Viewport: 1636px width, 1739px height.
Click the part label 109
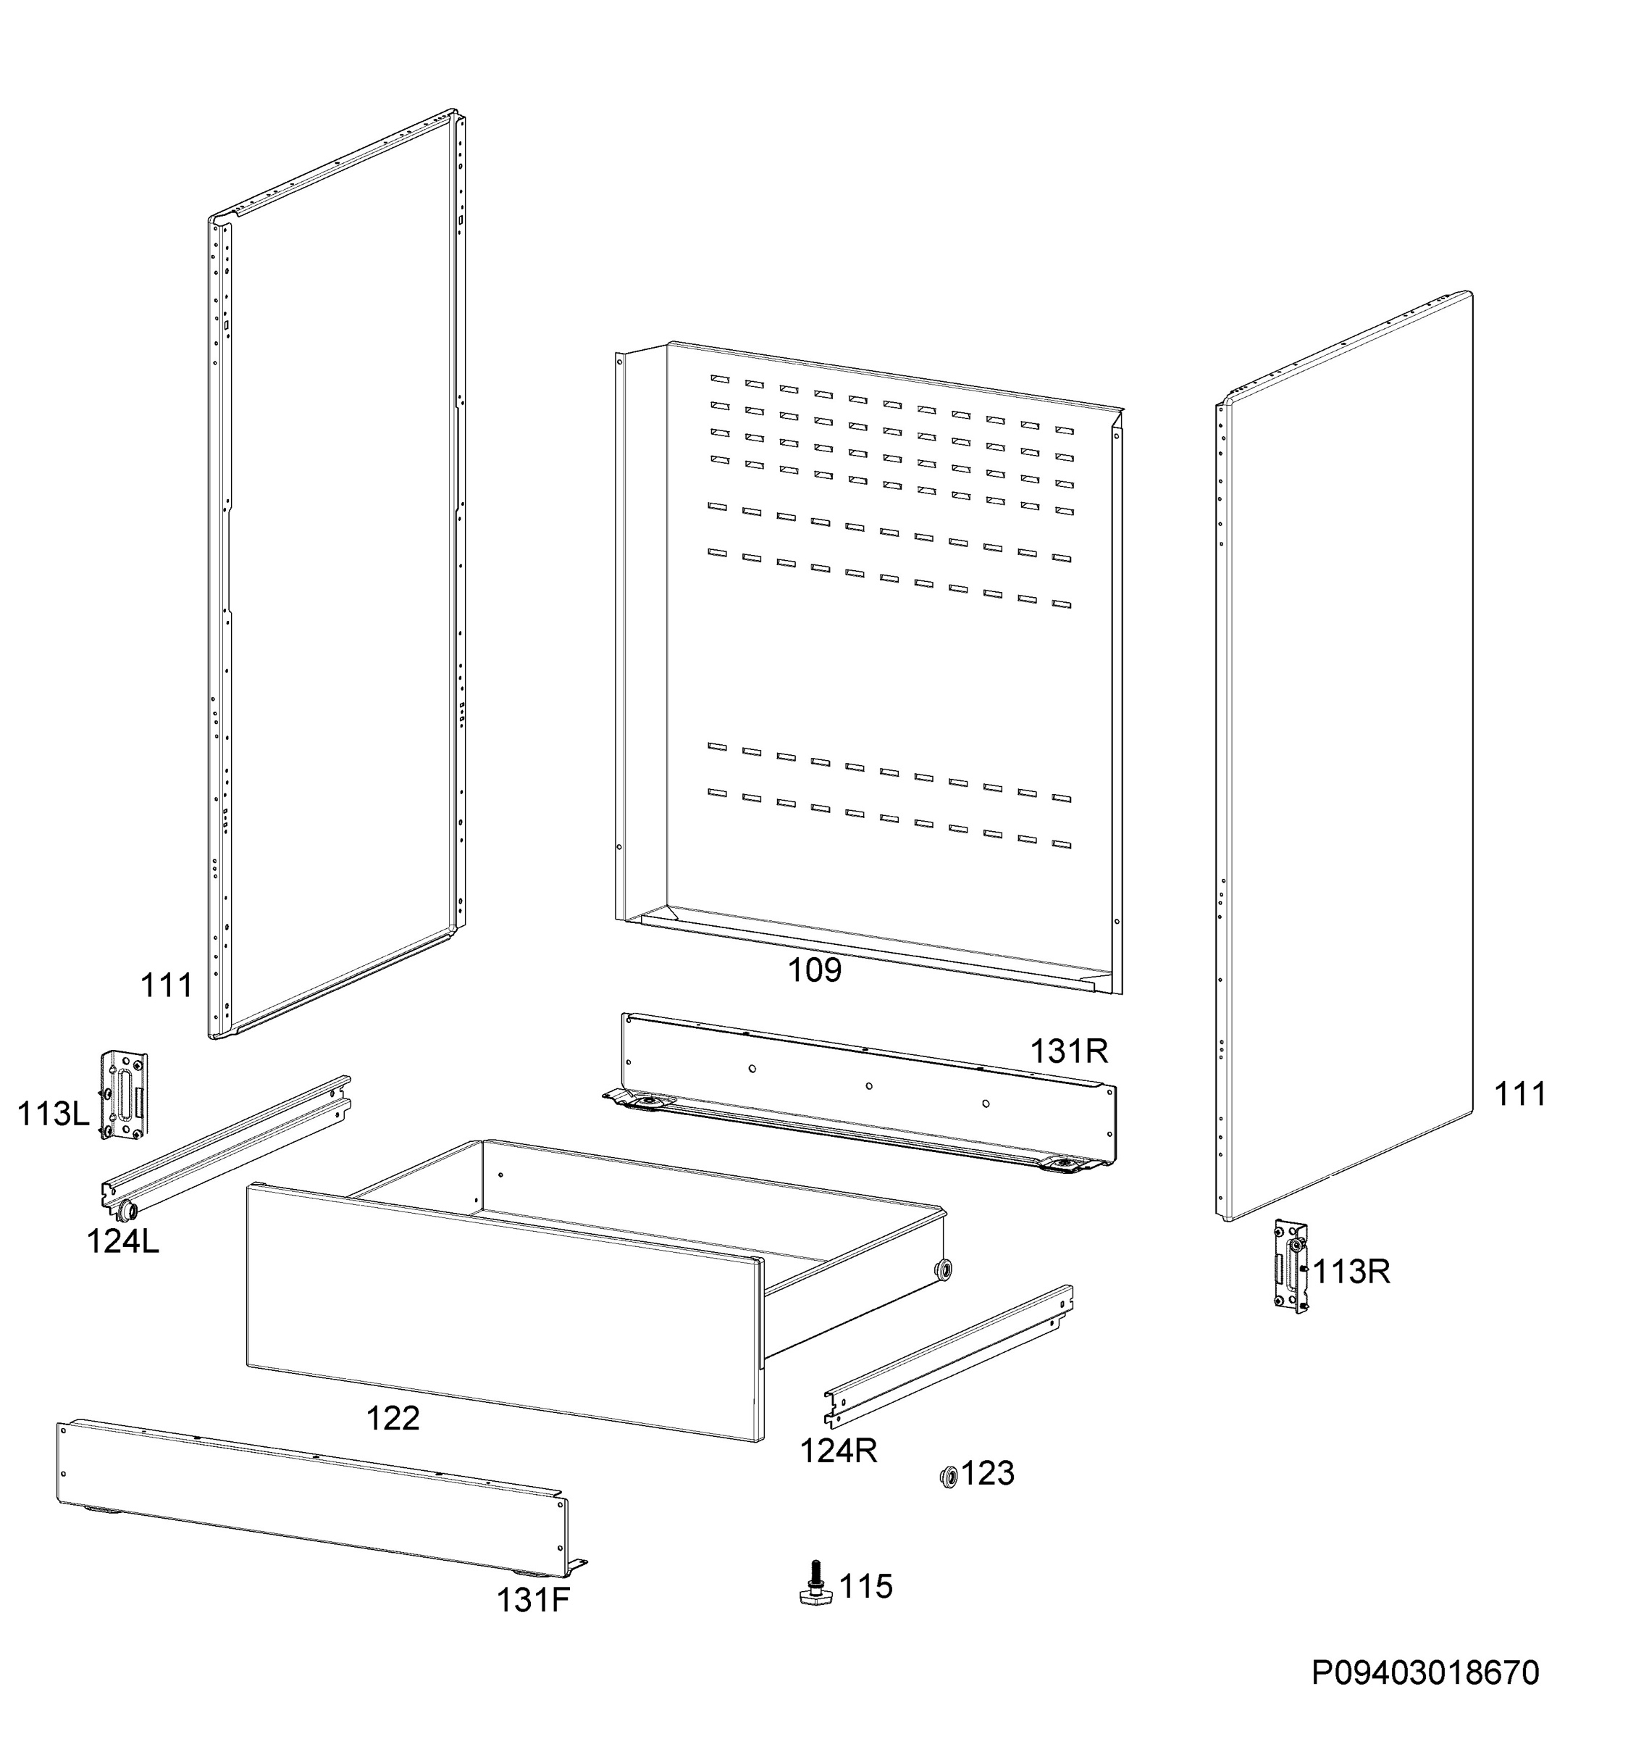[x=814, y=970]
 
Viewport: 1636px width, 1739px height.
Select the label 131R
[x=1068, y=1051]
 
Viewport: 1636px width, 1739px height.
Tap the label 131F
[x=532, y=1601]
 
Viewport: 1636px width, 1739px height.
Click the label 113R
[x=1351, y=1272]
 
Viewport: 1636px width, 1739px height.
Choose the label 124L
[x=122, y=1241]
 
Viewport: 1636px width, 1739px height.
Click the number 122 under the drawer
[x=393, y=1418]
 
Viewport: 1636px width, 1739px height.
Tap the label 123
[x=987, y=1473]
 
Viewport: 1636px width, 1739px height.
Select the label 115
[x=865, y=1586]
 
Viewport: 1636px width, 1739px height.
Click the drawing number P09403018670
[x=1425, y=1672]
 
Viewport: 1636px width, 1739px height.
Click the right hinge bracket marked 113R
[x=1291, y=1267]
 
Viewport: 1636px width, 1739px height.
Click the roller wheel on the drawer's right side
[x=944, y=1269]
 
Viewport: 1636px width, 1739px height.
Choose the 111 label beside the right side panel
[x=1519, y=1093]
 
